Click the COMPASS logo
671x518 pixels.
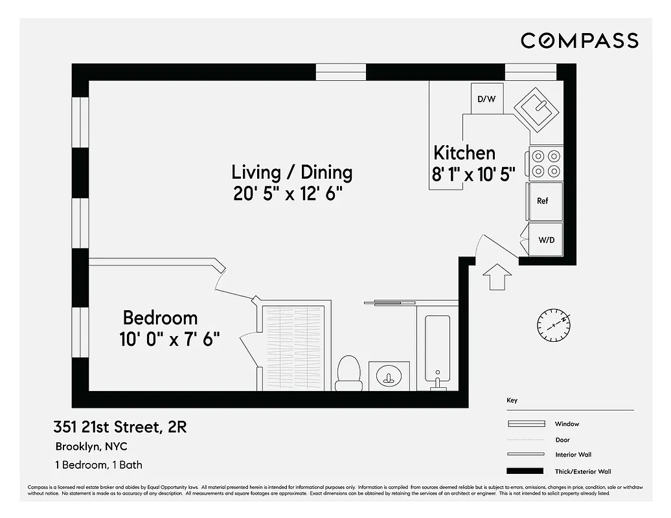580,40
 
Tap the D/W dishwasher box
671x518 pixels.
486,99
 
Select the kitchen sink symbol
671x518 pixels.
537,109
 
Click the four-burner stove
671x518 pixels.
546,163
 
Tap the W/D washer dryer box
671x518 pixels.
546,240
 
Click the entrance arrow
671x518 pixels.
497,276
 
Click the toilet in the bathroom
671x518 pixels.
349,374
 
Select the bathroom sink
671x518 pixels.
389,376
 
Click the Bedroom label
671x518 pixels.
160,318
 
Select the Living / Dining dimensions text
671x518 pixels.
288,194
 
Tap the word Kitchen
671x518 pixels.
464,153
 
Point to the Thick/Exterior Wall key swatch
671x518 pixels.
525,471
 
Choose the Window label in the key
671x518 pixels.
567,424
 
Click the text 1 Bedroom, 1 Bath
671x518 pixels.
98,465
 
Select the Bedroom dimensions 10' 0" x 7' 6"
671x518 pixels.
170,339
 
